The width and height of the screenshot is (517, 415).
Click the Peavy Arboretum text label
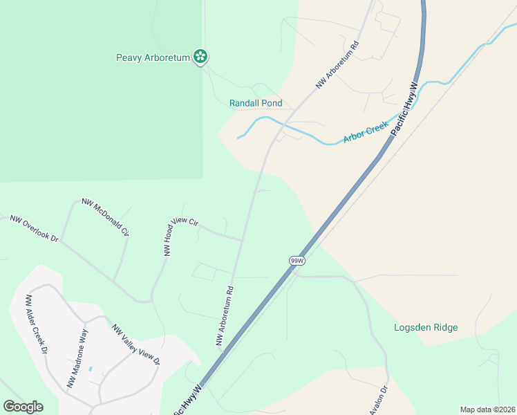(153, 58)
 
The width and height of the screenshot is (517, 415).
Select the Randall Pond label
(256, 103)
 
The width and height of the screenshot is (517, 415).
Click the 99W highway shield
(297, 260)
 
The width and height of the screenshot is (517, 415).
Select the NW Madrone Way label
(77, 358)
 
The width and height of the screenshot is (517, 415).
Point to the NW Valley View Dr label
(136, 345)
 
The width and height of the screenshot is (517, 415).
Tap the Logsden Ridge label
(426, 327)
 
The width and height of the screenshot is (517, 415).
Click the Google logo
(23, 407)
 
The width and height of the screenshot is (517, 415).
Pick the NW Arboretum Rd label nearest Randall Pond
(338, 66)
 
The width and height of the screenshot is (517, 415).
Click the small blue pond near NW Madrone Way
(91, 369)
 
